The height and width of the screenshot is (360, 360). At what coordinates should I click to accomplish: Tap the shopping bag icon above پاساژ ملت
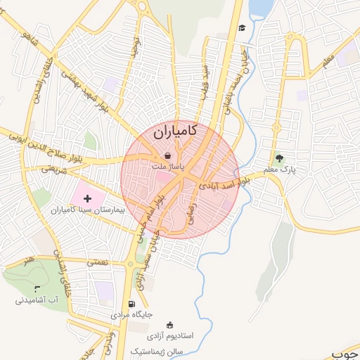pyautogui.click(x=167, y=155)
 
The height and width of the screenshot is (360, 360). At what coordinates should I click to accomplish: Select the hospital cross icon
pyautogui.click(x=87, y=200)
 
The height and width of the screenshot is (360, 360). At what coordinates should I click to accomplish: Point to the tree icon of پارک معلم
pyautogui.click(x=280, y=159)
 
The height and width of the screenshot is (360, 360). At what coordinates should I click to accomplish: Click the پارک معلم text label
pyautogui.click(x=280, y=170)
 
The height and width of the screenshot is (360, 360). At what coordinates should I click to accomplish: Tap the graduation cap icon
pyautogui.click(x=242, y=27)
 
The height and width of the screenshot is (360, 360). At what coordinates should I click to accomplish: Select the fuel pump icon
pyautogui.click(x=131, y=304)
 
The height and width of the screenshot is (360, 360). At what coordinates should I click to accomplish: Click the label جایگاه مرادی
pyautogui.click(x=131, y=315)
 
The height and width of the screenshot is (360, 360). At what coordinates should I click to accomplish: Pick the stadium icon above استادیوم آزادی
pyautogui.click(x=169, y=325)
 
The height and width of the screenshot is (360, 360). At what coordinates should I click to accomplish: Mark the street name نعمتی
pyautogui.click(x=97, y=262)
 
